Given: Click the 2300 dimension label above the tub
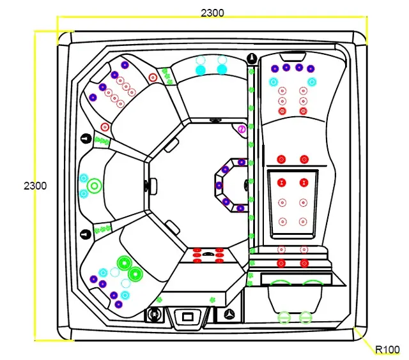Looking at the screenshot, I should pos(212,13).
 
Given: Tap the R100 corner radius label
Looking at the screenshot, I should pos(387,350).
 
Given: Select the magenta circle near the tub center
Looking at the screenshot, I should pos(242,130).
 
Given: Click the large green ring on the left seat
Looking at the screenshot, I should pos(95,186).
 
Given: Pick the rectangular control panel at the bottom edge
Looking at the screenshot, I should pos(188,315).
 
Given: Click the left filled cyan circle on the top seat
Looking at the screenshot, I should pos(200,69).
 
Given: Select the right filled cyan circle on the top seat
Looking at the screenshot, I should pos(222,69).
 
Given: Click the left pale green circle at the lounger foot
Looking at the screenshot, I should pos(284,316).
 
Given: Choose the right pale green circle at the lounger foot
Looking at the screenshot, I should pos(305,316).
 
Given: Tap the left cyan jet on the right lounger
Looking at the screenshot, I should pos(274,82).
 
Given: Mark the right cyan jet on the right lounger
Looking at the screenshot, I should pos(312,82).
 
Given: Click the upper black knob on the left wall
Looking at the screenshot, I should pos(86,137).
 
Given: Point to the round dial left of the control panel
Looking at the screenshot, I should pos(154,314).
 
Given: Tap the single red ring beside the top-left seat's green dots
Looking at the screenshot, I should pos(152,78).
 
